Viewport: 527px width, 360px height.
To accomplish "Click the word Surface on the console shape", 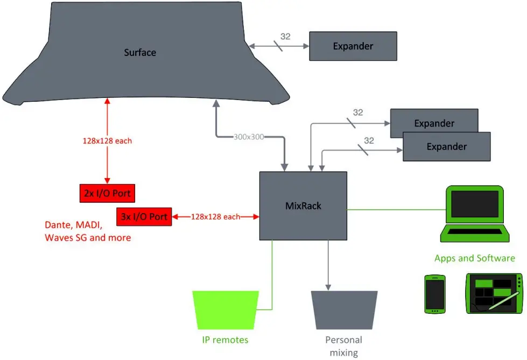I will point(140,53).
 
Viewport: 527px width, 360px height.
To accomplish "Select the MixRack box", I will point(303,206).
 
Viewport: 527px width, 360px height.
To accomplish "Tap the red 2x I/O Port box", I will point(107,193).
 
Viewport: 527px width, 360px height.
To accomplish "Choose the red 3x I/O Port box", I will point(144,217).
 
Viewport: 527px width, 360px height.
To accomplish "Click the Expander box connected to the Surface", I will point(353,46).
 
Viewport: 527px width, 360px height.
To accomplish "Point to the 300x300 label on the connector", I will point(249,137).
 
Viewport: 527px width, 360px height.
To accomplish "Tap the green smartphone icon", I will point(434,294).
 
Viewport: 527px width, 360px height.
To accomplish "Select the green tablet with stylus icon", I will point(494,294).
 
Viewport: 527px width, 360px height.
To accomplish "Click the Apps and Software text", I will point(475,258).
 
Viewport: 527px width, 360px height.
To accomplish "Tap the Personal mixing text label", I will point(344,346).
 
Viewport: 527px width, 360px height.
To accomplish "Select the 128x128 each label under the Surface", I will point(107,141).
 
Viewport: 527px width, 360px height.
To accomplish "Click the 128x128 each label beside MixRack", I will point(215,217).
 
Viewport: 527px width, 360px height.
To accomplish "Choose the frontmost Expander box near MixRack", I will point(447,146).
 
